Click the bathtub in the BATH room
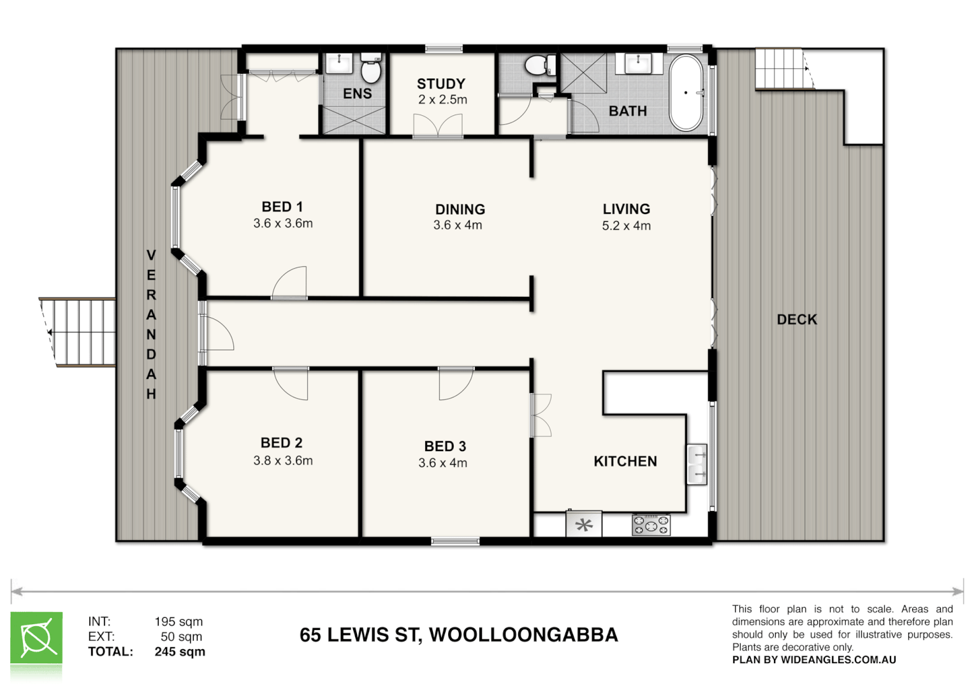click(x=686, y=93)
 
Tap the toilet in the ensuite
click(x=370, y=71)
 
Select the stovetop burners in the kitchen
click(x=651, y=525)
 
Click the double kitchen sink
click(x=697, y=464)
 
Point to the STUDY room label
click(x=440, y=84)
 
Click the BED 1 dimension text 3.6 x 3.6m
click(x=283, y=224)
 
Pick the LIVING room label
click(x=626, y=209)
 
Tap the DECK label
click(x=796, y=320)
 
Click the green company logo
click(x=36, y=639)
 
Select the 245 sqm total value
click(x=180, y=652)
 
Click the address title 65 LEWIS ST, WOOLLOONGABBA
click(x=458, y=635)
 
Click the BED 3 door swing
click(x=455, y=383)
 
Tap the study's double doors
click(x=437, y=125)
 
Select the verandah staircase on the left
click(x=78, y=332)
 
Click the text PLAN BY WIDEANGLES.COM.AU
click(x=813, y=660)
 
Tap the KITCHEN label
click(x=625, y=461)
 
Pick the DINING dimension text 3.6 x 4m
click(x=457, y=225)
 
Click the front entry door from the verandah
click(x=217, y=333)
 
